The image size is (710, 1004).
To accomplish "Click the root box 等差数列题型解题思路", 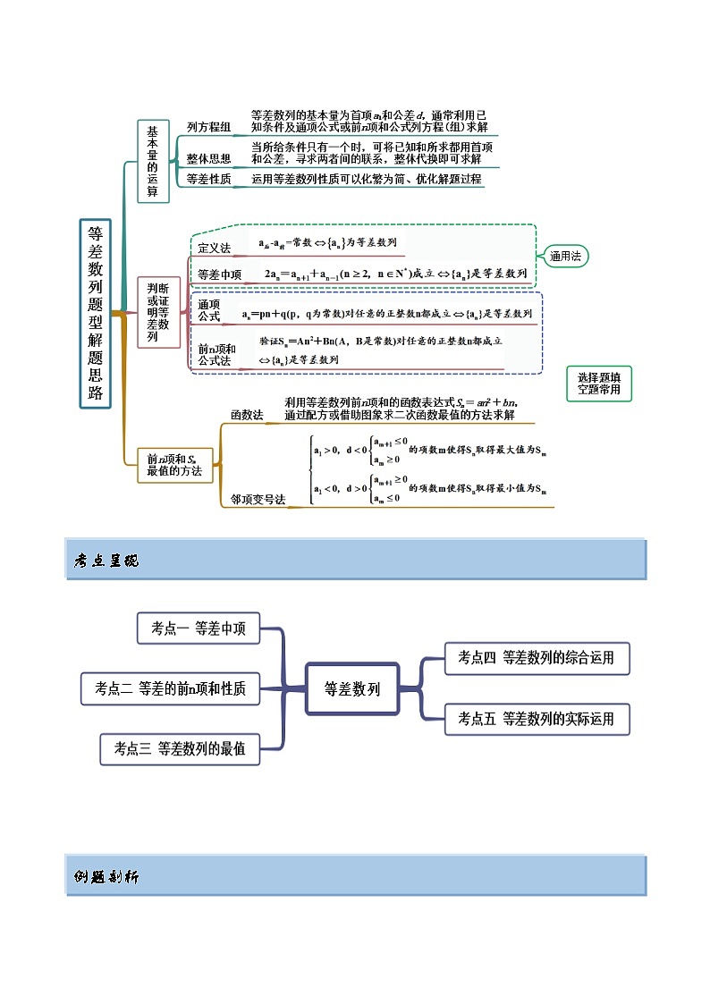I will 96,313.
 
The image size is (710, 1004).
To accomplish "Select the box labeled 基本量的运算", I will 153,161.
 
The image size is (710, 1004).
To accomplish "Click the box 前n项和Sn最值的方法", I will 174,465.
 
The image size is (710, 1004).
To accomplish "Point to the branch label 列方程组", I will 208,127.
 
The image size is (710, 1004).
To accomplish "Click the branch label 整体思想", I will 208,158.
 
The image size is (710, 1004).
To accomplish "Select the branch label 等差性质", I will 208,179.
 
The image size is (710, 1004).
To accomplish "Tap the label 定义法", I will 214,247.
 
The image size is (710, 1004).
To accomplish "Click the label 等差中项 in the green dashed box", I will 219,274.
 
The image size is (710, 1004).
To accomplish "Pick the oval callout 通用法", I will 565,257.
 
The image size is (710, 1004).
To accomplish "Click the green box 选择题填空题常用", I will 599,384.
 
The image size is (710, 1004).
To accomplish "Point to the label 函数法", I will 247,415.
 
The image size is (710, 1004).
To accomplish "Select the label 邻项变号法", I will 258,500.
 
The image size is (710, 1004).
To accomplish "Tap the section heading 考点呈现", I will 106,561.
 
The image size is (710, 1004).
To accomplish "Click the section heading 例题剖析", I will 106,877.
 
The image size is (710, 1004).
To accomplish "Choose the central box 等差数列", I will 351,689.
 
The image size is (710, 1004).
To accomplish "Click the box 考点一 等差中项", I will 199,629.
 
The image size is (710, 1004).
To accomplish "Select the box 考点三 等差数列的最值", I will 180,749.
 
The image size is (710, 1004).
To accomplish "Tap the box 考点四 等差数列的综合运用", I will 537,658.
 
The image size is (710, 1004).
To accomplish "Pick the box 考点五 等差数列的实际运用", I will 537,719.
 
